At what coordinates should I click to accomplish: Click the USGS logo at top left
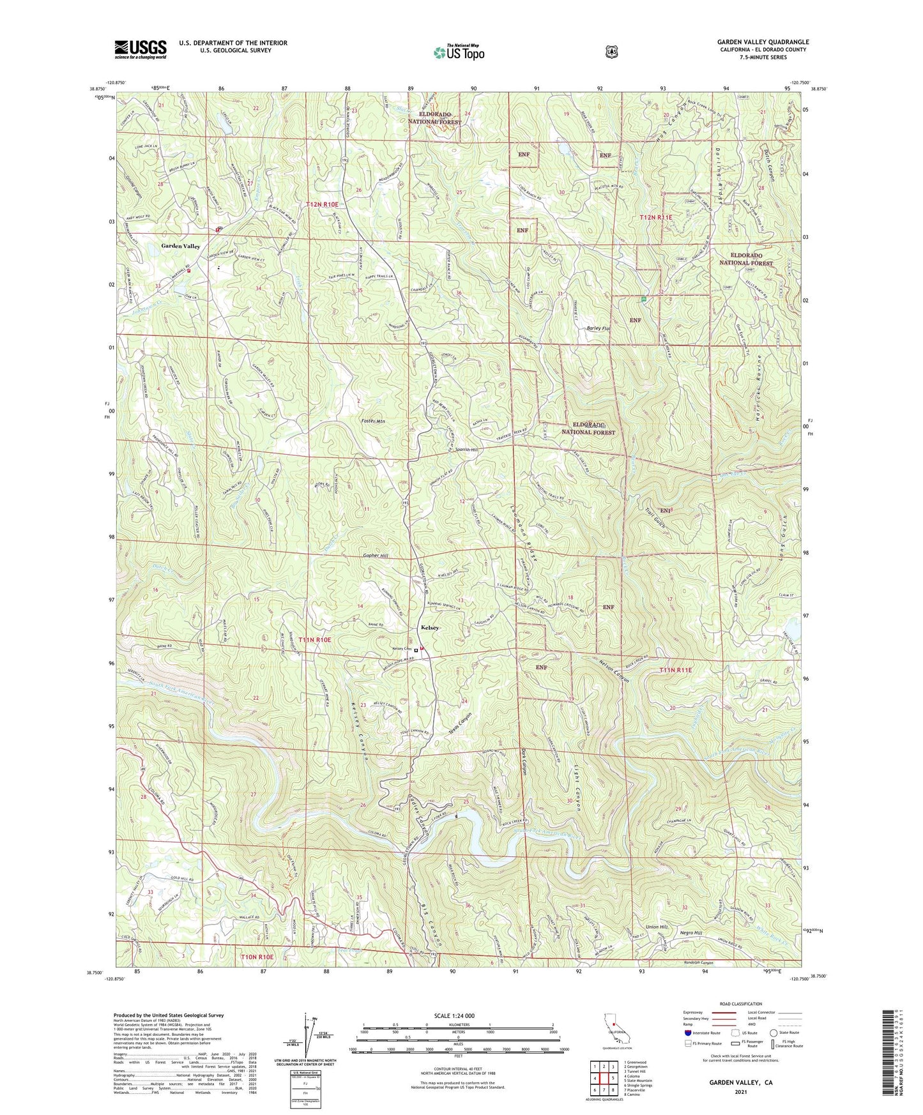coord(141,49)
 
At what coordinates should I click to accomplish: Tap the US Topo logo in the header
coord(459,52)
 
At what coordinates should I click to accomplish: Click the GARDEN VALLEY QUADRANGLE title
coord(763,42)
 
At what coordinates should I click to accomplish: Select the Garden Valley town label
coord(180,246)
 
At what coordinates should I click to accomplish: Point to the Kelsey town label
coord(429,628)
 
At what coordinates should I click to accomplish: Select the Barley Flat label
coord(599,329)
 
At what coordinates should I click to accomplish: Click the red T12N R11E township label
coord(656,218)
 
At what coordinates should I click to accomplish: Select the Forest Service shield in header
coord(611,52)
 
